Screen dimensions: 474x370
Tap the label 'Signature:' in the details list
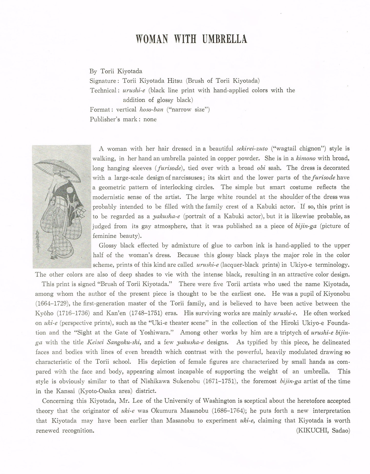104,81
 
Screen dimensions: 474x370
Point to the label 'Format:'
102,110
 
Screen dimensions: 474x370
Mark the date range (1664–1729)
52,304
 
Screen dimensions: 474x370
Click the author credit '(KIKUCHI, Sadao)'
323,431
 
